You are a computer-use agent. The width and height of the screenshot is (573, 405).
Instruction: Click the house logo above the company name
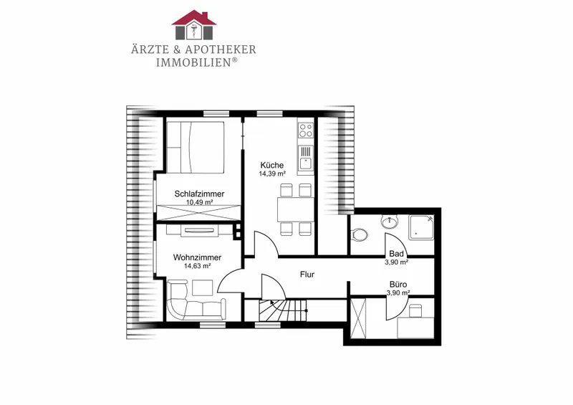click(x=194, y=25)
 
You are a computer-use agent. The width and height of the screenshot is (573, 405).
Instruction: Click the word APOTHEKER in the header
click(x=221, y=49)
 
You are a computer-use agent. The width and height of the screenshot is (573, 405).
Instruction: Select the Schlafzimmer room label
click(x=199, y=194)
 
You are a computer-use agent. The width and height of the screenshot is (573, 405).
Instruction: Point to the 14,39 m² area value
click(x=272, y=173)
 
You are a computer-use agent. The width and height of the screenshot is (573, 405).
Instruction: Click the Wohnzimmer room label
click(x=198, y=257)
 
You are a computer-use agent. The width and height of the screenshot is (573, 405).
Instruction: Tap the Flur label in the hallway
click(x=307, y=275)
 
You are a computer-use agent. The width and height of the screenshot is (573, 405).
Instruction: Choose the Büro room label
click(x=398, y=285)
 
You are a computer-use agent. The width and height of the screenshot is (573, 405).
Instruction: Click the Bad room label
click(x=397, y=254)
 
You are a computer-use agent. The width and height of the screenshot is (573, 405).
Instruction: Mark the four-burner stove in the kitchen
click(x=306, y=130)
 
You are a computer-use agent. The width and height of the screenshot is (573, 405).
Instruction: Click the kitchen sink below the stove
click(x=306, y=158)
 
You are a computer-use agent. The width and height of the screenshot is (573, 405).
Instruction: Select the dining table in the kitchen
click(x=296, y=209)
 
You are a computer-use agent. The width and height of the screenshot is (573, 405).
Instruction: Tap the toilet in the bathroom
click(x=359, y=234)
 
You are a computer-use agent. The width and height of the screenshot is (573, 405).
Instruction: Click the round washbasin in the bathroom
click(x=390, y=221)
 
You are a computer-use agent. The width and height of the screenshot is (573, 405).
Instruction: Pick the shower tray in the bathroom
click(x=421, y=227)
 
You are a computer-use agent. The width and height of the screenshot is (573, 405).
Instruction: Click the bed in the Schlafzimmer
click(x=195, y=147)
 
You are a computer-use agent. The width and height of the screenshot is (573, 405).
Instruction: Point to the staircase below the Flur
click(x=283, y=310)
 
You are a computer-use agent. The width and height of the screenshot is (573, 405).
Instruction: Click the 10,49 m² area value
click(x=200, y=203)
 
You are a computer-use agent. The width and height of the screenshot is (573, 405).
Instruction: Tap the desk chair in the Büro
click(x=415, y=311)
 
